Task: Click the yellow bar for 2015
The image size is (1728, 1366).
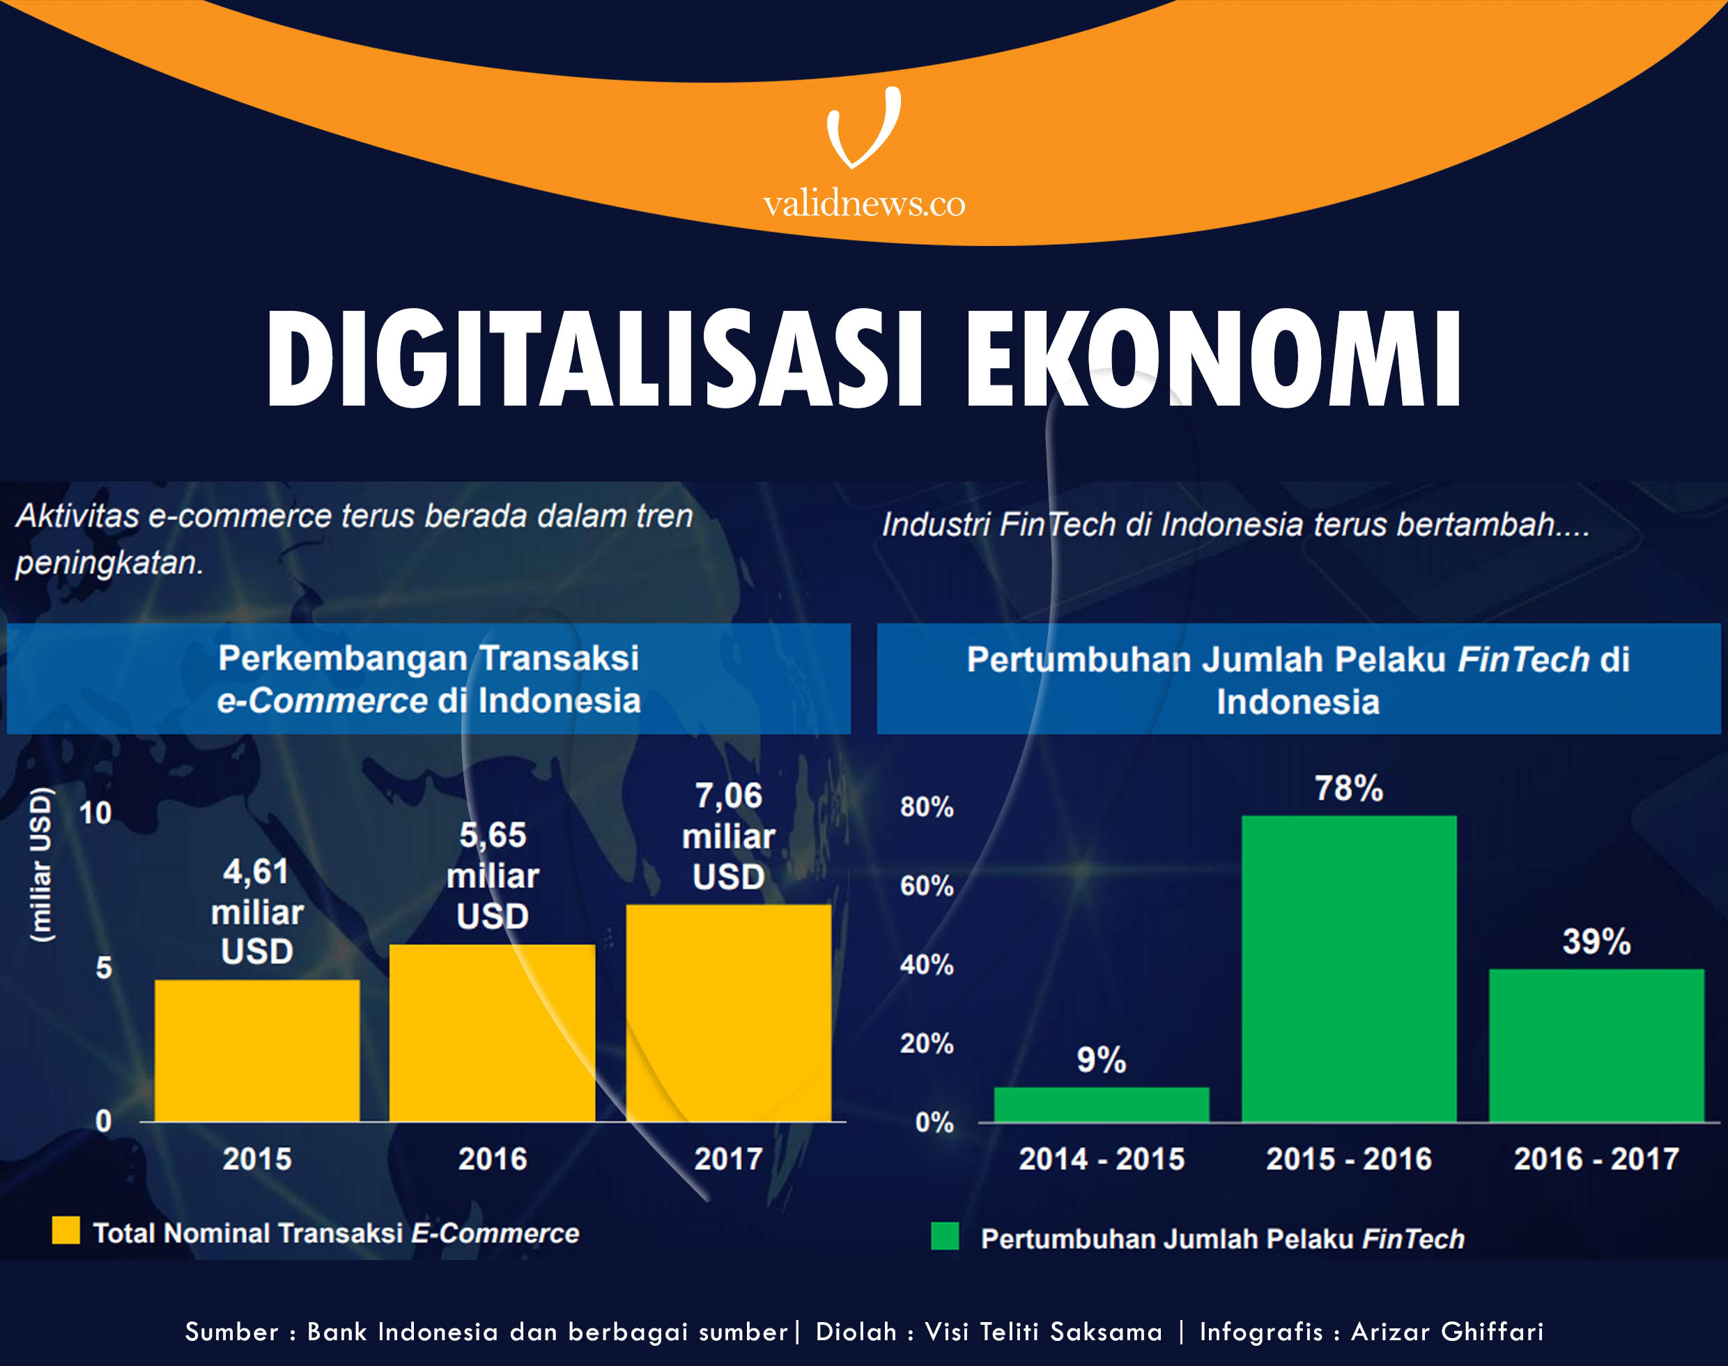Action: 256,1050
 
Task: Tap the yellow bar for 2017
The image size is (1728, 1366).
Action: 728,1013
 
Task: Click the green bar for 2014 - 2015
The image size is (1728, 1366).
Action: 1101,1105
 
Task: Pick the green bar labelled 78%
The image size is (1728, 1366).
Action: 1349,969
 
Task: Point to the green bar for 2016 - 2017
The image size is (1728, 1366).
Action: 1596,1045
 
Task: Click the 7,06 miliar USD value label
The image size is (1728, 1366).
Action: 728,836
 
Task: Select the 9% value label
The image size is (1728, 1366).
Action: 1101,1059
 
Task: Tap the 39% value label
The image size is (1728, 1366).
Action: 1596,942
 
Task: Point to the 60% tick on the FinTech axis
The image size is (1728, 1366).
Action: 927,886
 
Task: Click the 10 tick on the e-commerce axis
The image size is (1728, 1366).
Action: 95,813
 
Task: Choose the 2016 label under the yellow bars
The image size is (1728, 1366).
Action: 492,1159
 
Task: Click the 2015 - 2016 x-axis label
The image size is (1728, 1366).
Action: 1349,1159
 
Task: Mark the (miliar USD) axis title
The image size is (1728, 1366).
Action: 42,864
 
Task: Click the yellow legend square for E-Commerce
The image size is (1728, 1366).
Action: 65,1230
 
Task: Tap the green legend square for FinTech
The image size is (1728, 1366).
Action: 944,1236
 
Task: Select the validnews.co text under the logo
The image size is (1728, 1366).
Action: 863,204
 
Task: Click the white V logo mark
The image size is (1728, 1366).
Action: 863,128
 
